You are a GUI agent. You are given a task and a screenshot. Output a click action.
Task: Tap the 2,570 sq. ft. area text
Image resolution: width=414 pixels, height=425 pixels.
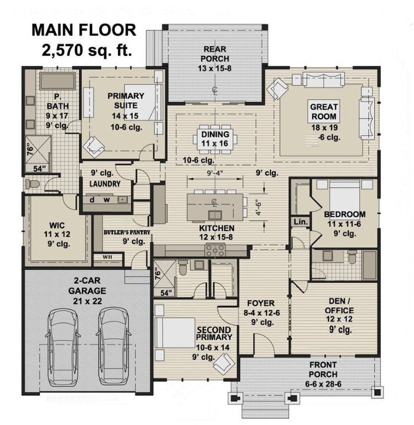87,50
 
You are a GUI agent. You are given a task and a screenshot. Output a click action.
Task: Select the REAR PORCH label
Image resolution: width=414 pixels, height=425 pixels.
215,53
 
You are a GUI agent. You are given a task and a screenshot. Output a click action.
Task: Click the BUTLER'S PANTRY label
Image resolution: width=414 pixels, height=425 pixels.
127,233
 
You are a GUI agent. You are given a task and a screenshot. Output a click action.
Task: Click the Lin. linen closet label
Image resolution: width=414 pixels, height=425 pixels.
301,221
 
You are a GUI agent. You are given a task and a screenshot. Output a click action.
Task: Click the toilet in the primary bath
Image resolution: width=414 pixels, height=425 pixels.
32,184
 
